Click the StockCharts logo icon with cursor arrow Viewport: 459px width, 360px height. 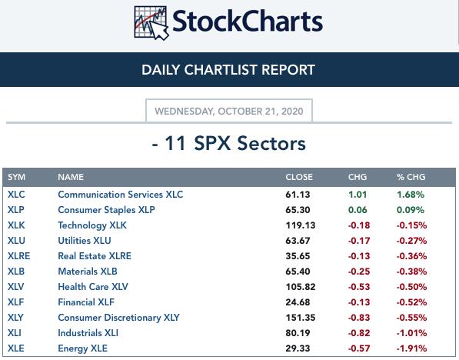(x=151, y=23)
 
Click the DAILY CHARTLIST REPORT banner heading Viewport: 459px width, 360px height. (x=228, y=70)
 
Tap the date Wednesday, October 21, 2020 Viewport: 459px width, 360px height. (x=229, y=112)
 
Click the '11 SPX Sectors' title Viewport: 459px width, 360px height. (x=235, y=144)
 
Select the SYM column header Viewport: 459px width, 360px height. (x=16, y=177)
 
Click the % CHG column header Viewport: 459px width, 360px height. (x=411, y=177)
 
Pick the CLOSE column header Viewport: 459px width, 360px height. (x=299, y=177)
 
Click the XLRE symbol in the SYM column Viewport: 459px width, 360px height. (x=18, y=256)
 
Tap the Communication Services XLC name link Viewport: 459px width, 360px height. (x=121, y=195)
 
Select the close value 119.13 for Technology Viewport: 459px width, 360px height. (x=301, y=225)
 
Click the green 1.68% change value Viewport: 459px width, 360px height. (x=411, y=195)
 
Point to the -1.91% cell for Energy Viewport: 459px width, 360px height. (x=411, y=348)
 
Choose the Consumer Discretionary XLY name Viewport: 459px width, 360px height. (x=118, y=318)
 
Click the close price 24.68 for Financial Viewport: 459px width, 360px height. (x=298, y=302)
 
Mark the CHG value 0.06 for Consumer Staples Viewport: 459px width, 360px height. (x=358, y=210)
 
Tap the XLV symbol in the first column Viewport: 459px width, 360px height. (x=16, y=287)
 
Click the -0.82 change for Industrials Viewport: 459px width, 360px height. (x=359, y=333)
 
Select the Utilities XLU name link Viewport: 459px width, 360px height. (x=85, y=241)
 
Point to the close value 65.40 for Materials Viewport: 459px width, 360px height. (x=298, y=272)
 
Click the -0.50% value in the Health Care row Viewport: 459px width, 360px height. (x=411, y=287)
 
